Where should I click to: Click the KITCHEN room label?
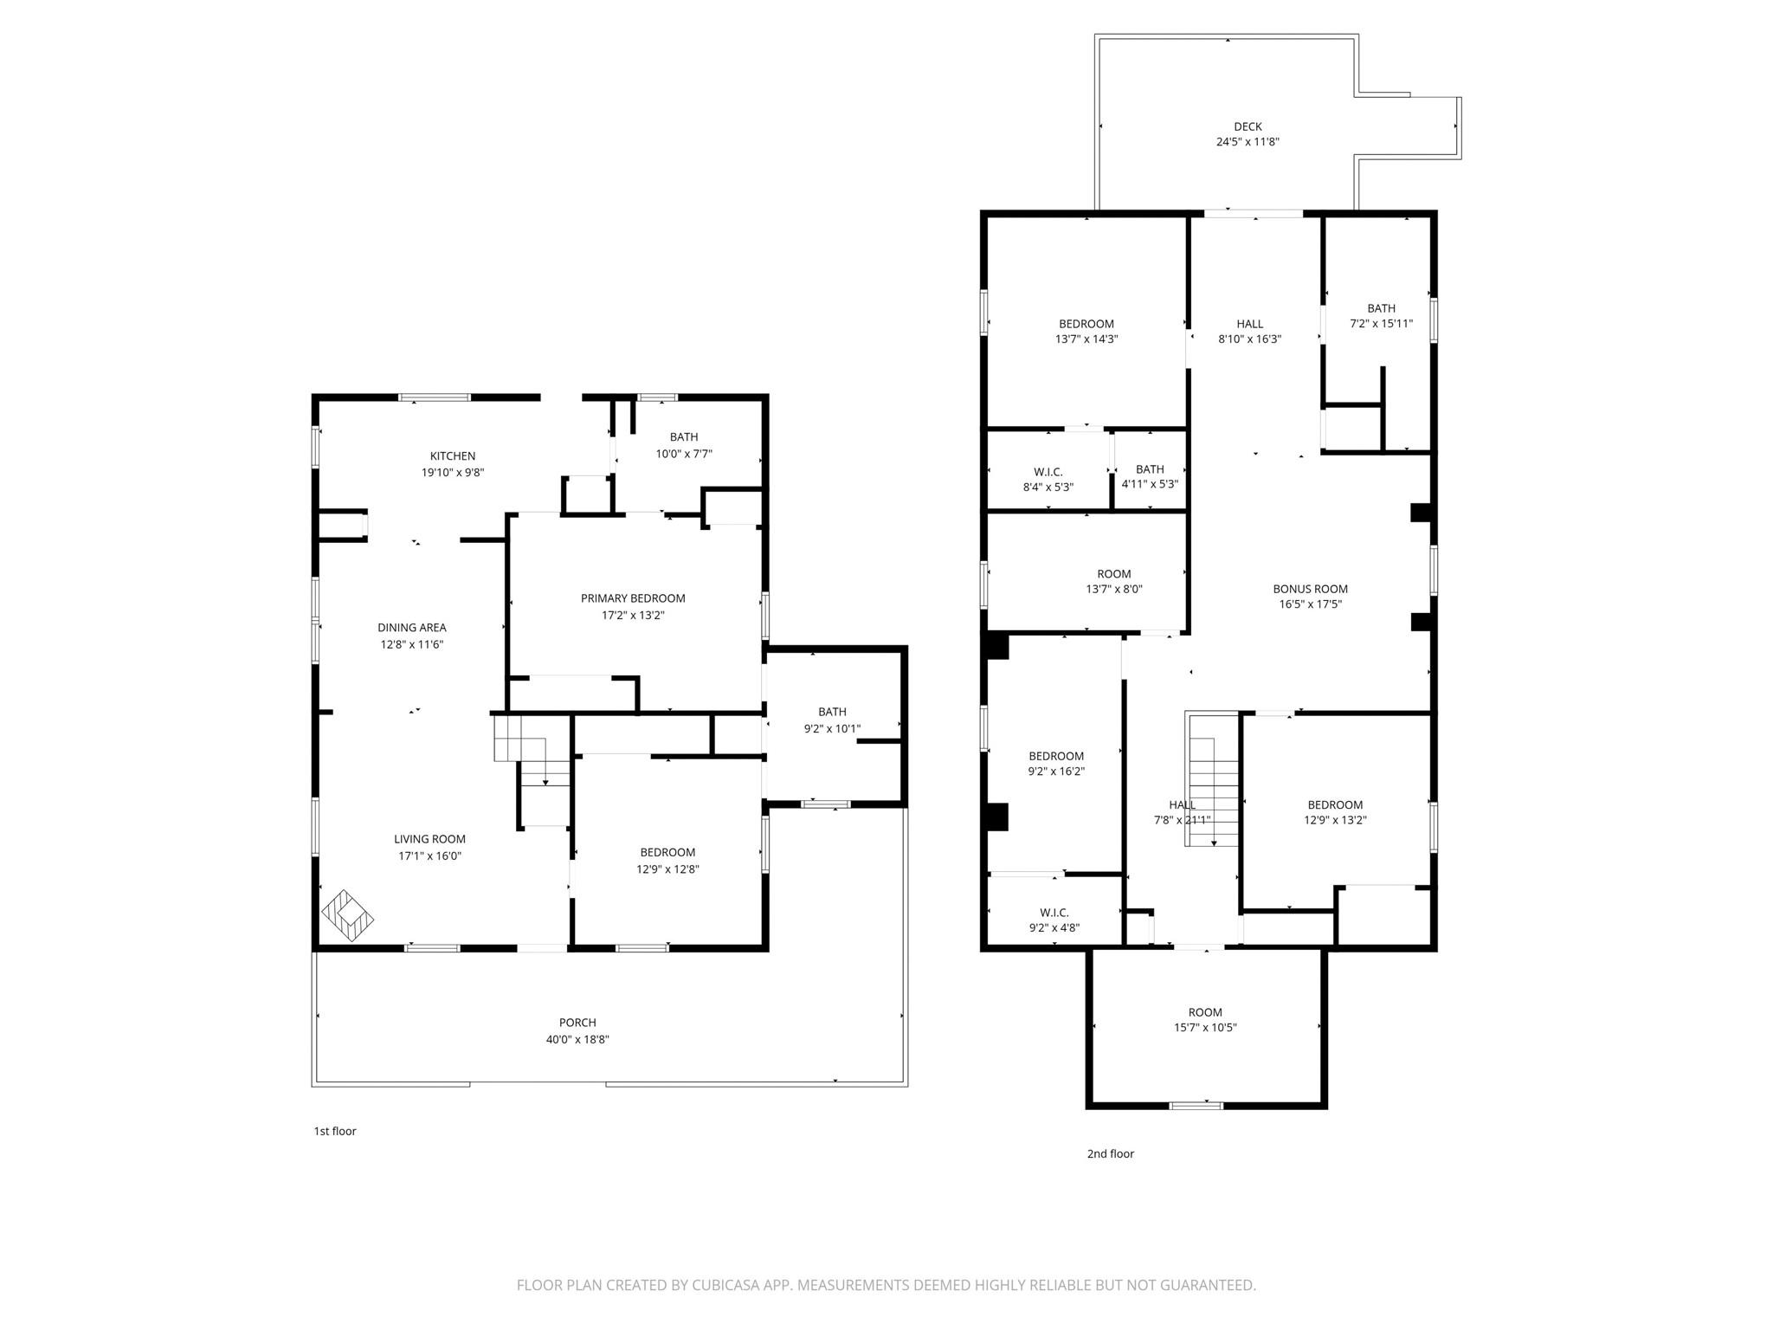pos(453,456)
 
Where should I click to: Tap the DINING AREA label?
pos(411,628)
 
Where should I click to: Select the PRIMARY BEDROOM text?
pos(633,598)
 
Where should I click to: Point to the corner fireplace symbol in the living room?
pos(347,915)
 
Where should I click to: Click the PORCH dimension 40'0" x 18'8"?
pos(577,1040)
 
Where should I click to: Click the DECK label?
pos(1248,126)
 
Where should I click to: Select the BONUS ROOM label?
pos(1310,589)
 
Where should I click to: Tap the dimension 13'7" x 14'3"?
pos(1086,339)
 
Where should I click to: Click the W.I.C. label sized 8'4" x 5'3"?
pos(1048,472)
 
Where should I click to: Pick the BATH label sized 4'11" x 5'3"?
pos(1150,469)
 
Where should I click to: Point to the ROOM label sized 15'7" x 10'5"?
pos(1204,1012)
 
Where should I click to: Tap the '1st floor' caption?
pos(335,1131)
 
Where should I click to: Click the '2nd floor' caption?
pos(1110,1153)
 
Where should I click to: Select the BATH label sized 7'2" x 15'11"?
pos(1381,308)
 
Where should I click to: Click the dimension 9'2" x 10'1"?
pos(832,729)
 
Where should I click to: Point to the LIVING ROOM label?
pos(429,839)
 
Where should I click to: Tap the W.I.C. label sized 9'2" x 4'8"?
pos(1054,913)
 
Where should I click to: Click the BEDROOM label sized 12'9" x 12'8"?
pos(667,852)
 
